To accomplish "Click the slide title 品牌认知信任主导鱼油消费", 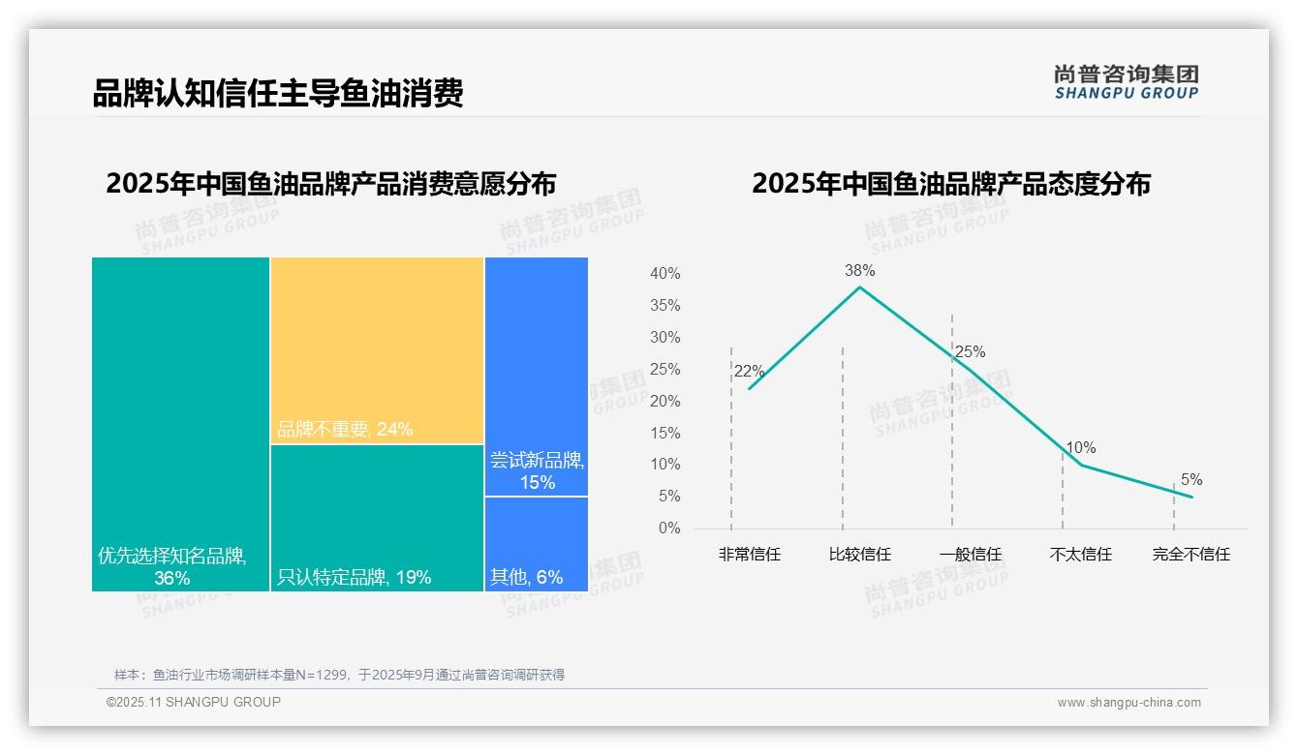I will tap(278, 93).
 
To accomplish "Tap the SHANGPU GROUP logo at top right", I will tap(1126, 82).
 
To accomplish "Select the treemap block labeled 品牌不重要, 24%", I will tap(377, 350).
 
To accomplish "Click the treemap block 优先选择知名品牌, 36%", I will tap(180, 424).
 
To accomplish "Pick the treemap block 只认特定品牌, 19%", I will tap(377, 518).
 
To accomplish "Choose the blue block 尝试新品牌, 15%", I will tap(537, 376).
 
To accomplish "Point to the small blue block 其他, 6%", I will tap(537, 544).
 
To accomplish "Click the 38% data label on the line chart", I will tap(859, 270).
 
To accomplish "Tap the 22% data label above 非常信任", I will tap(749, 372).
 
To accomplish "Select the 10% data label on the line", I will tap(1081, 448).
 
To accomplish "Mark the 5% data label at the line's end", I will tap(1191, 480).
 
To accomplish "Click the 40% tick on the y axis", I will tap(664, 274).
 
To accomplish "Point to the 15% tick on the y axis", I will tap(664, 433).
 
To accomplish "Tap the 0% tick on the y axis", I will tap(668, 528).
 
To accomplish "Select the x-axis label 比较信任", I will tap(859, 555).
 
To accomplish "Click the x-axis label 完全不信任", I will tap(1190, 555).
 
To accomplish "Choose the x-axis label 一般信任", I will tap(970, 555).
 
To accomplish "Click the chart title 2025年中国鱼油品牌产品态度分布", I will tap(950, 184).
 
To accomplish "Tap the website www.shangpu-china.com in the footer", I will tap(1128, 703).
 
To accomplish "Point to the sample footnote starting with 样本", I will tap(339, 675).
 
